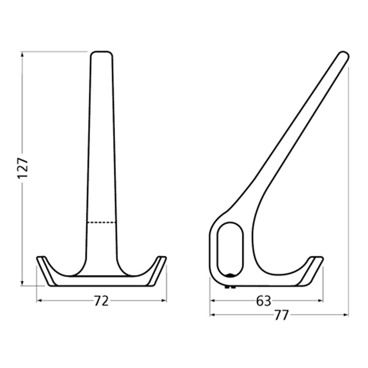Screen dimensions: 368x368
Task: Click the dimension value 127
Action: click(x=23, y=168)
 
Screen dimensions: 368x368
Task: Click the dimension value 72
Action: click(x=101, y=301)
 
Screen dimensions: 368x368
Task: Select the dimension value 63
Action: click(x=263, y=301)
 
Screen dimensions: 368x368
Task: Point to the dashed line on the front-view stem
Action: click(x=102, y=222)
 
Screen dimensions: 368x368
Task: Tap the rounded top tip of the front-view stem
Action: click(x=101, y=54)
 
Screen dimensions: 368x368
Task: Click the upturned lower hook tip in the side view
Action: click(x=316, y=258)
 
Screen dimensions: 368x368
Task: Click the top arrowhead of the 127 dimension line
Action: click(x=22, y=54)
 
